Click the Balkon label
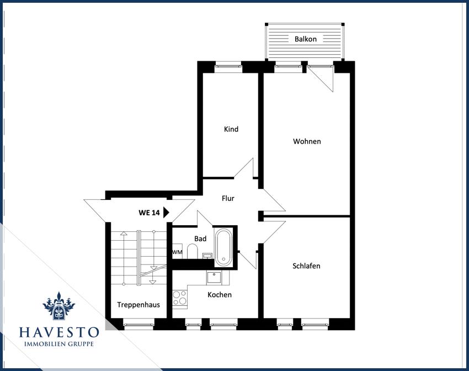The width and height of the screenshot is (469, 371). (x=305, y=39)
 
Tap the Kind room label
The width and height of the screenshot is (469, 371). (x=231, y=129)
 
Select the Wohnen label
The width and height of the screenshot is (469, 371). (x=307, y=141)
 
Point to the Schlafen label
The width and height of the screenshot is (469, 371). (x=306, y=266)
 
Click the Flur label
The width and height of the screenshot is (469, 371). (x=228, y=198)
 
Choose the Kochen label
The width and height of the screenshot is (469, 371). (x=220, y=295)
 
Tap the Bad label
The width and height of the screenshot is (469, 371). (x=200, y=239)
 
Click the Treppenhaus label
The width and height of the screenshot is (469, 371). (x=138, y=305)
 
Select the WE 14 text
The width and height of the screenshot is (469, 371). (x=149, y=213)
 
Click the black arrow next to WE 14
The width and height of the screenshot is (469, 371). (x=166, y=213)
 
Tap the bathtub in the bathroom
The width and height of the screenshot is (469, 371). (x=223, y=247)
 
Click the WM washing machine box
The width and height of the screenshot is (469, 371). (x=177, y=252)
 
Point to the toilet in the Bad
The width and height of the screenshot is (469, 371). (x=193, y=251)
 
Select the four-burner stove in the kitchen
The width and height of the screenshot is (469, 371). (x=180, y=298)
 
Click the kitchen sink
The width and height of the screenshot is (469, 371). (x=214, y=278)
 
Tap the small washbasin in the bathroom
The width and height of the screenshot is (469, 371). (x=207, y=256)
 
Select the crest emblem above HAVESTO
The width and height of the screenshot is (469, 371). (x=59, y=306)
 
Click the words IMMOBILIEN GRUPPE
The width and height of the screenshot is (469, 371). (x=59, y=344)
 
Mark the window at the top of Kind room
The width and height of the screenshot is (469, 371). (x=228, y=66)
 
